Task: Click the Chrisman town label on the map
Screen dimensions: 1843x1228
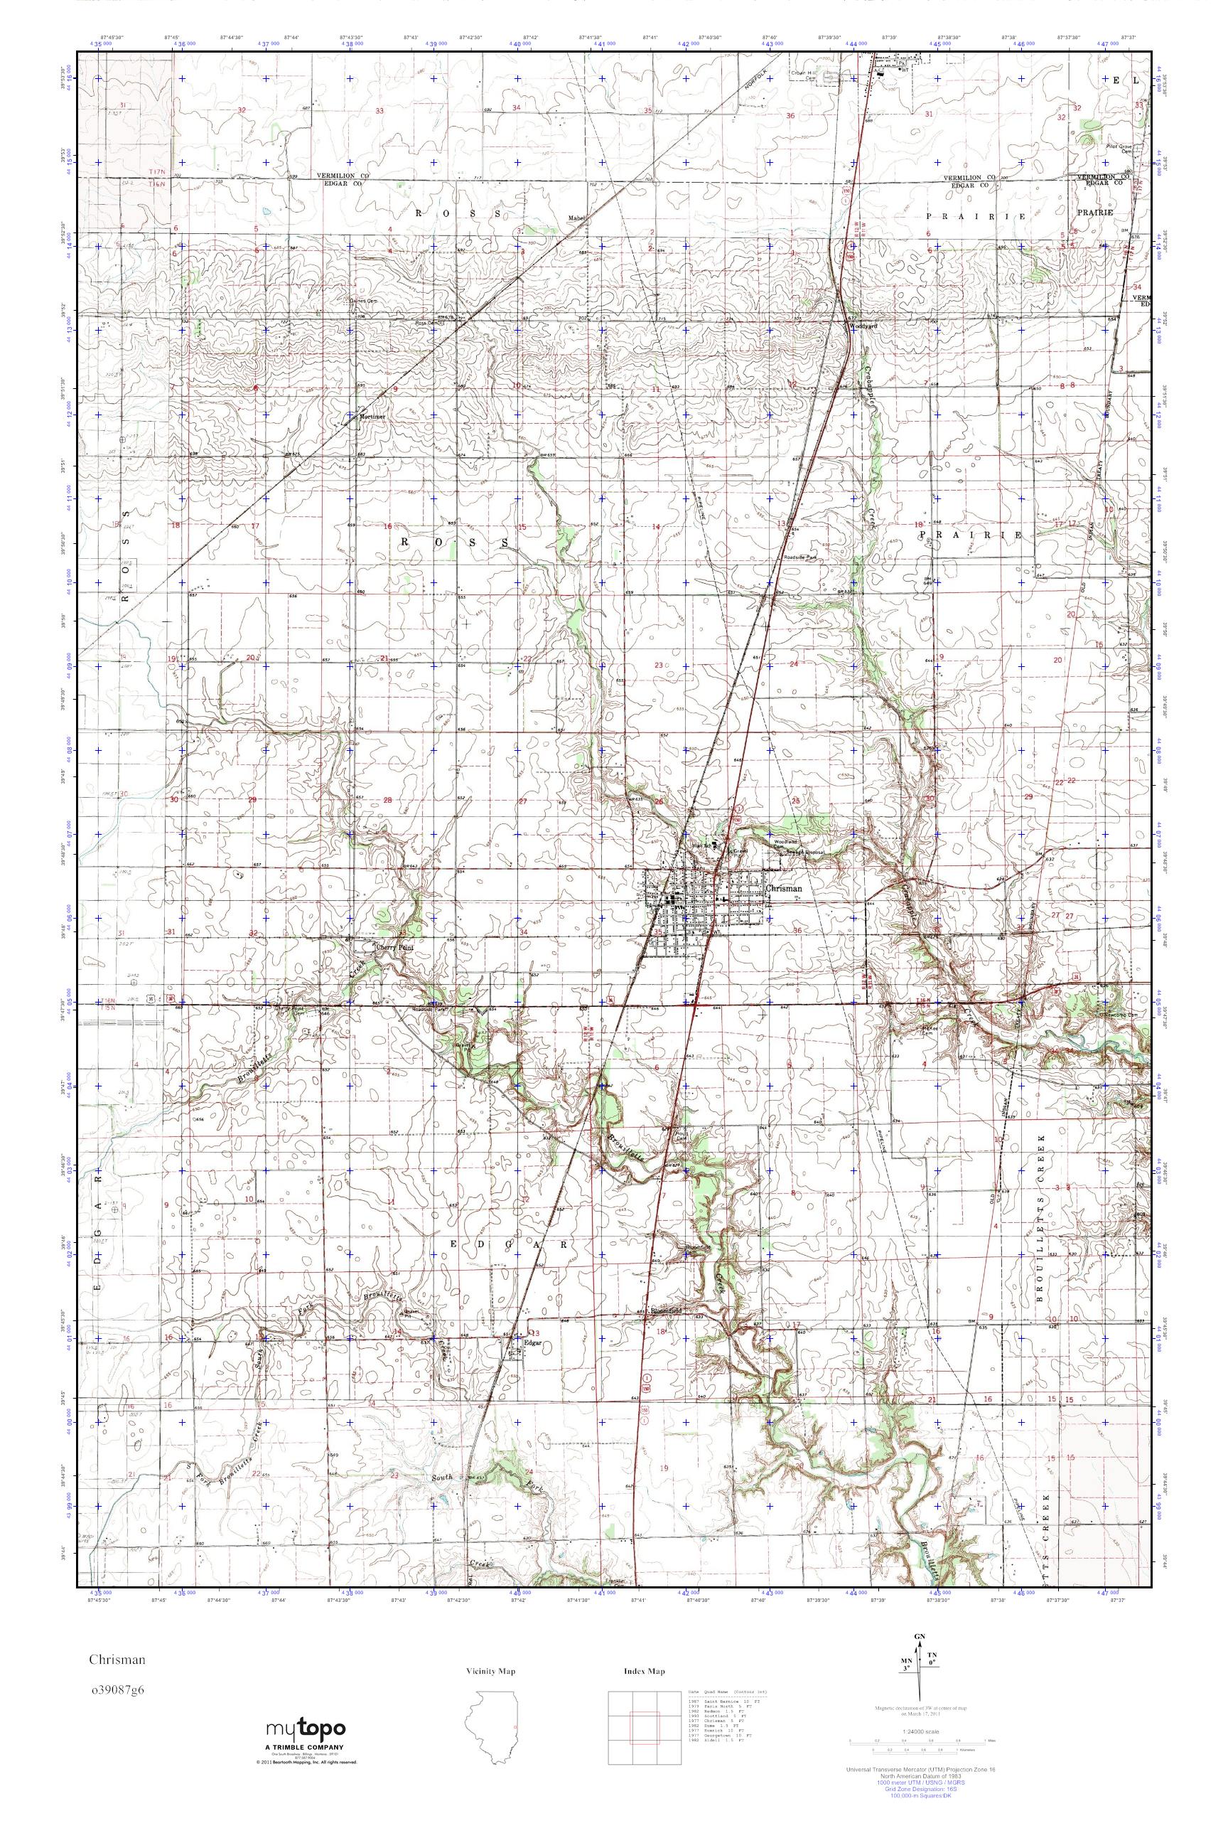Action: (784, 890)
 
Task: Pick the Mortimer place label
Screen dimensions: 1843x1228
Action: (373, 417)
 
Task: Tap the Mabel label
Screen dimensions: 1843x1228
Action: (578, 218)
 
